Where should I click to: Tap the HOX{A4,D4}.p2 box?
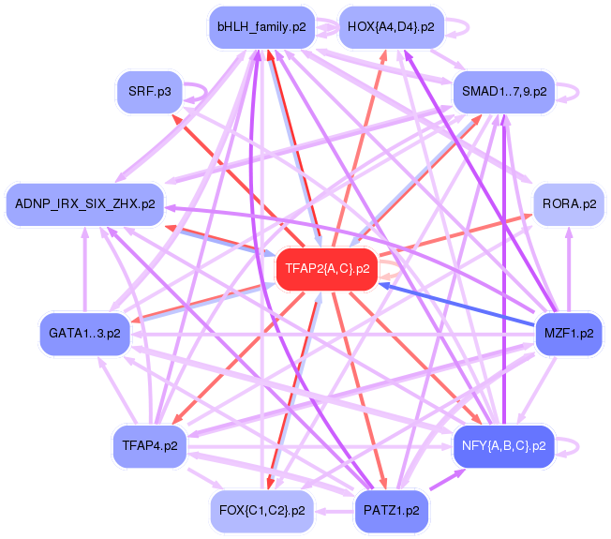click(390, 27)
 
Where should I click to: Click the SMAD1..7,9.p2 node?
click(504, 92)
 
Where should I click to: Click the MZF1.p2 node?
click(569, 333)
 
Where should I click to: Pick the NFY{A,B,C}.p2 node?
click(504, 445)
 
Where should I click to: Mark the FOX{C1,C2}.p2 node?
click(261, 511)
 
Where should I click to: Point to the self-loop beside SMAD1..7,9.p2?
click(569, 92)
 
